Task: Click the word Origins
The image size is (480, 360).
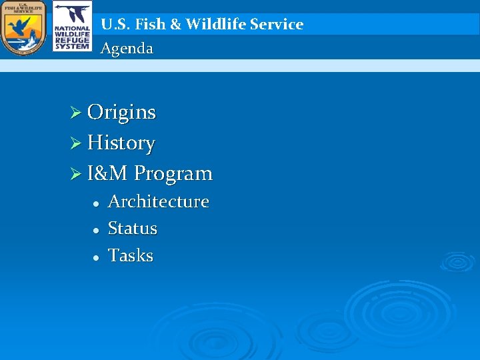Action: point(121,113)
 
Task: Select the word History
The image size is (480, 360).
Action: point(121,143)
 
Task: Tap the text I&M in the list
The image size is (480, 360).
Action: point(108,174)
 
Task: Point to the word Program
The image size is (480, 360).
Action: point(173,175)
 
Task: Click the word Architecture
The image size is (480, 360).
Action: point(159,201)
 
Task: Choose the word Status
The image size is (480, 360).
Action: point(133,229)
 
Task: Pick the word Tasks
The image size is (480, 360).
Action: point(131,256)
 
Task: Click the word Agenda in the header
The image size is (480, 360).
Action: point(127,49)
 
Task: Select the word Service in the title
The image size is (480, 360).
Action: point(279,25)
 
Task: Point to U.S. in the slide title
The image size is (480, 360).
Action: point(115,25)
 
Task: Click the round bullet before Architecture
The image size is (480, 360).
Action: point(96,203)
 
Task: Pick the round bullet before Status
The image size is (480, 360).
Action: point(96,230)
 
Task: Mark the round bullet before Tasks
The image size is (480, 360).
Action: point(96,257)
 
